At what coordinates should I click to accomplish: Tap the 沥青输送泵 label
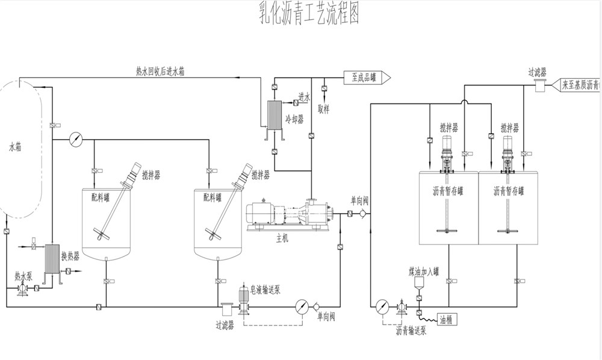411,330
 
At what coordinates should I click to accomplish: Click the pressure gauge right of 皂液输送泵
302,306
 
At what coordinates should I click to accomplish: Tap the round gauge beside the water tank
76,139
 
